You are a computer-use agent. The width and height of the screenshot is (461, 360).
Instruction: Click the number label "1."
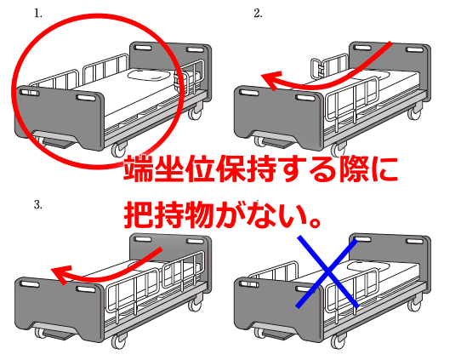38,14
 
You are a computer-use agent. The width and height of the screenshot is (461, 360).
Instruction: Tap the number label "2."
258,14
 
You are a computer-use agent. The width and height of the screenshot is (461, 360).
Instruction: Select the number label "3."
38,204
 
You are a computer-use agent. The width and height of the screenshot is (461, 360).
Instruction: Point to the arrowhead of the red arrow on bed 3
61,273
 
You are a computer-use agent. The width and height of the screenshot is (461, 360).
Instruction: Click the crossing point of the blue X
327,271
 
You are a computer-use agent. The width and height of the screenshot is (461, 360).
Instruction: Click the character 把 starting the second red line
138,215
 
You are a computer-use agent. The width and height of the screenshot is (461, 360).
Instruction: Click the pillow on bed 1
149,74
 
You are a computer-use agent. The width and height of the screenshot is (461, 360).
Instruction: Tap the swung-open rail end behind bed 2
316,68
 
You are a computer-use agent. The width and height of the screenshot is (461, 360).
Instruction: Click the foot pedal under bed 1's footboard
58,143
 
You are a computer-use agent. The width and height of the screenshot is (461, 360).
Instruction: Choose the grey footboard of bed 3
59,306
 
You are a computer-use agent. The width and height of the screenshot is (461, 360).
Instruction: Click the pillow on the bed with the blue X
369,266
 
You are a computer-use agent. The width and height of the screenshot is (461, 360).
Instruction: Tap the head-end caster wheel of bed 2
414,113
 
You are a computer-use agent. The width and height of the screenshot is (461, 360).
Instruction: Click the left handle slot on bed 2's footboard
248,93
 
